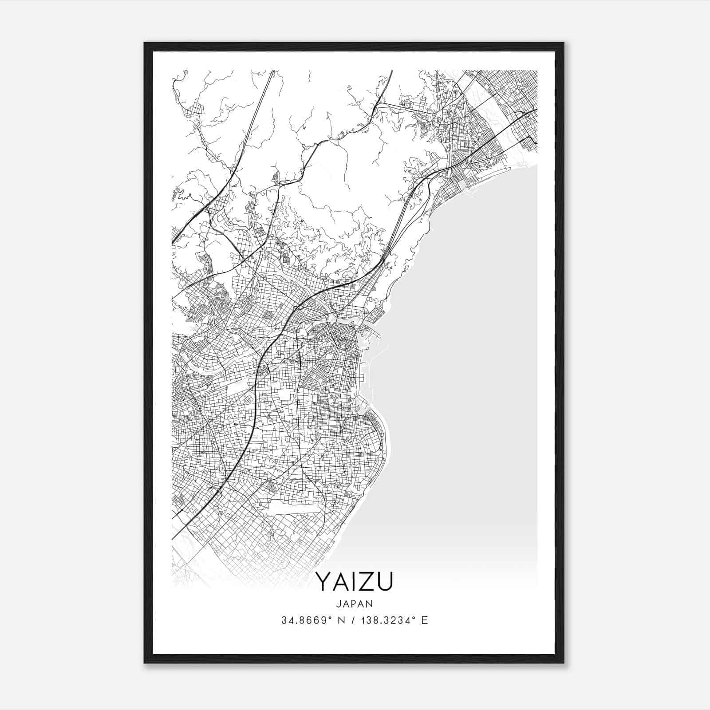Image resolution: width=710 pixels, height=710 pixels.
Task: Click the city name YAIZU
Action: click(x=355, y=582)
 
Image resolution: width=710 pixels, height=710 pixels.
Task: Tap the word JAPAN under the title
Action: click(x=355, y=603)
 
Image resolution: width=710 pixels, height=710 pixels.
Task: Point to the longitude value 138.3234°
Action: click(x=386, y=620)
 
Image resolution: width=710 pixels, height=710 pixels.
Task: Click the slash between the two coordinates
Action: click(x=353, y=620)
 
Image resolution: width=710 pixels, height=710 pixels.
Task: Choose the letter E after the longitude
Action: click(x=424, y=620)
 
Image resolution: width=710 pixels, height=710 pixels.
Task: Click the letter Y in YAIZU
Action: click(x=323, y=582)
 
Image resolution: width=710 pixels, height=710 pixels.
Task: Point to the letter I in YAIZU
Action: click(x=354, y=582)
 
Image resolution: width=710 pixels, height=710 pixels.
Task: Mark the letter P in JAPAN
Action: click(x=354, y=603)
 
